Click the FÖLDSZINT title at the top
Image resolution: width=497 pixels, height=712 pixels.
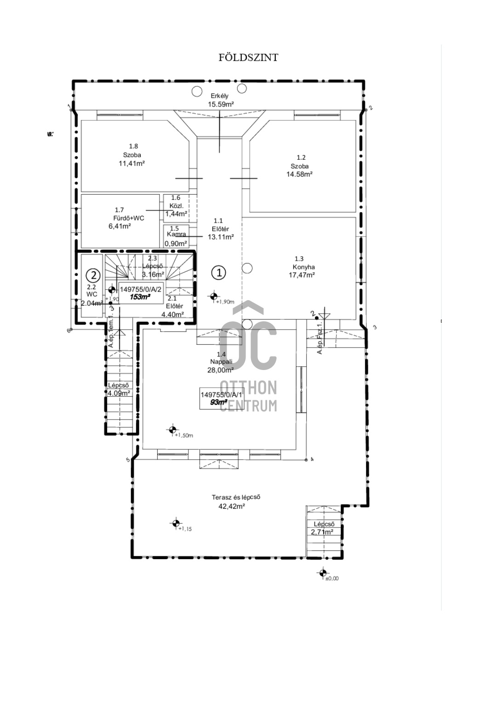tap(248, 57)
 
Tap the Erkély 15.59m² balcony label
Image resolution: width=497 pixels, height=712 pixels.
tap(220, 100)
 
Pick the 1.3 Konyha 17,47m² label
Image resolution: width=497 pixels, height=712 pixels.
tap(302, 267)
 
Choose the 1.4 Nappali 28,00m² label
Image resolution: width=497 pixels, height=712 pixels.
tap(221, 362)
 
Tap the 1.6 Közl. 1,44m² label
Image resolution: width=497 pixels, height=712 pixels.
tap(176, 206)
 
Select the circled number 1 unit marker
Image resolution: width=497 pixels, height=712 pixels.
tap(219, 273)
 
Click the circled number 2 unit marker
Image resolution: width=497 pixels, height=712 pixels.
tap(93, 275)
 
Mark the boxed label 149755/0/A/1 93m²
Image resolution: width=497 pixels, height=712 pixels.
tap(221, 398)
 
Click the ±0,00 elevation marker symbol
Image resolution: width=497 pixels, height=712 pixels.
tap(322, 573)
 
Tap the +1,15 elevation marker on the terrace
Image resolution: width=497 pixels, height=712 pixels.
tap(175, 523)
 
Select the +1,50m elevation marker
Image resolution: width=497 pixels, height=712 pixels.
tap(172, 430)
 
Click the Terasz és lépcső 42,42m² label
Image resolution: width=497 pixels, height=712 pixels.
tap(235, 501)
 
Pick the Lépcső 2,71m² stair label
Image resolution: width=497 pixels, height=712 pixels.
tap(324, 528)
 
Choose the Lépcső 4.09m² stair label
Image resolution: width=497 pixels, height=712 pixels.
tap(119, 389)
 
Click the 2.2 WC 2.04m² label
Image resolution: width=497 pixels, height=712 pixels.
tap(91, 295)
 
